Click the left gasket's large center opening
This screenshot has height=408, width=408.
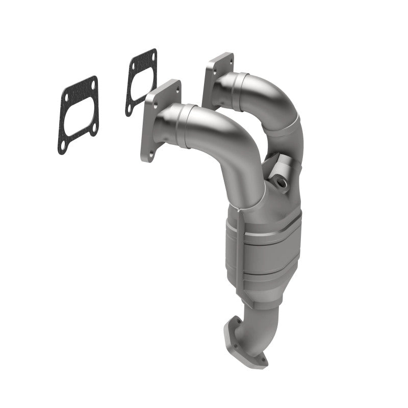(x=78, y=115)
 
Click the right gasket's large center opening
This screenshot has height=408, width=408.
(x=141, y=82)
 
